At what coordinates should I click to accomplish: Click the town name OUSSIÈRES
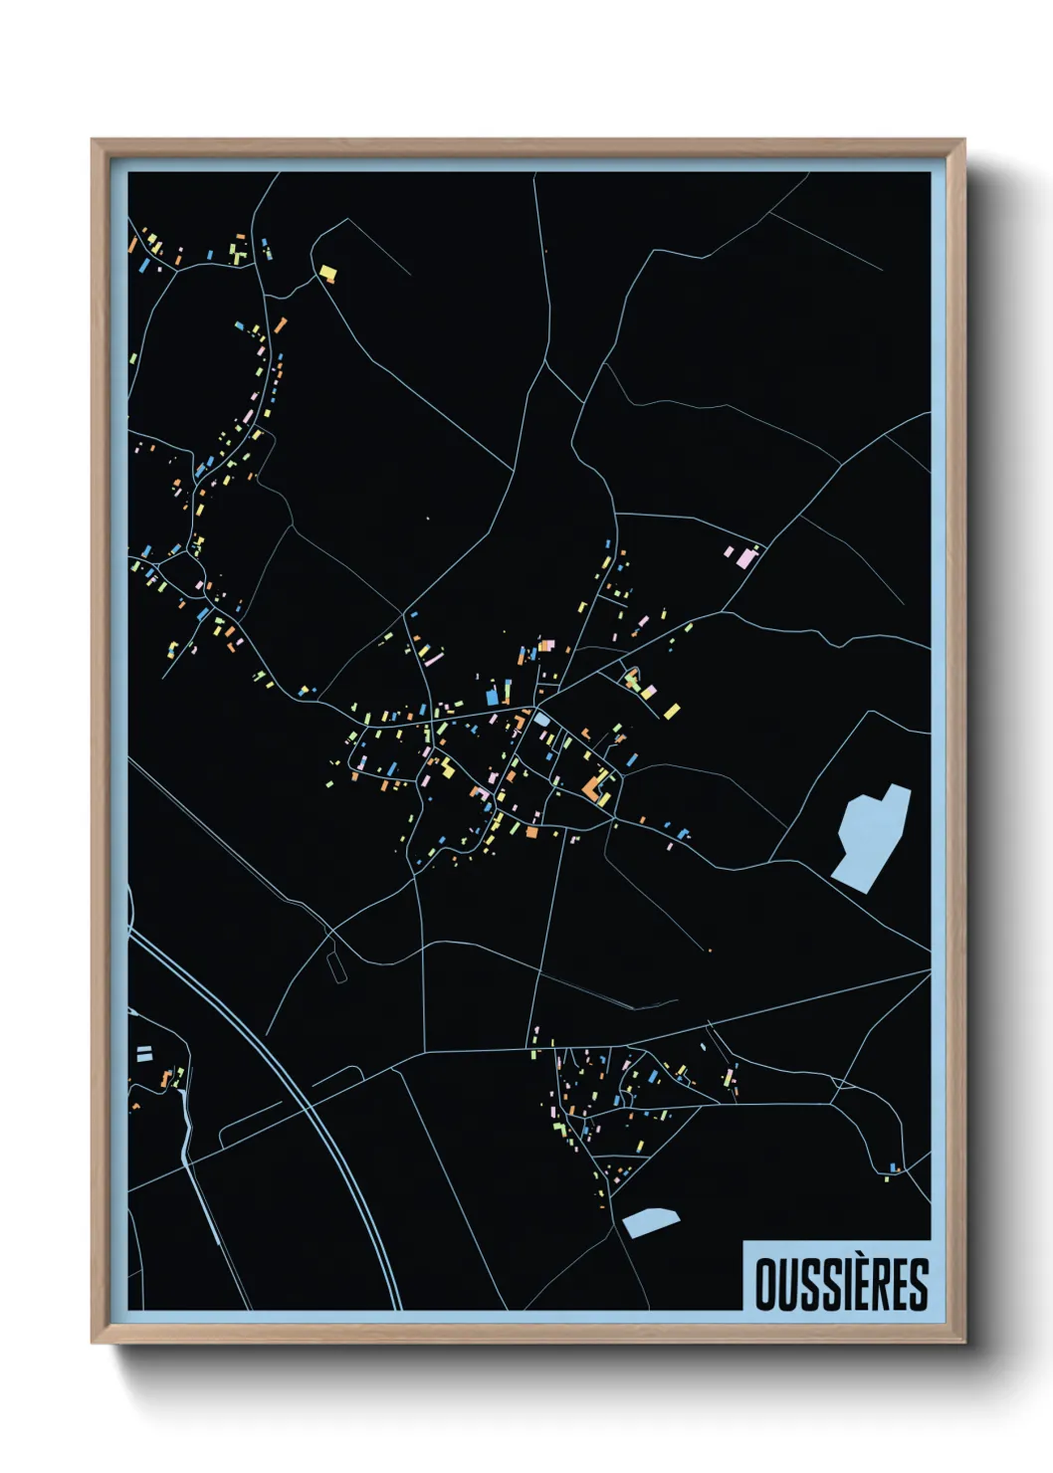841,1283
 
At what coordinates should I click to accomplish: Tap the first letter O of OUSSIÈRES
765,1284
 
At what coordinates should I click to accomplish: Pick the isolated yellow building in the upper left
327,272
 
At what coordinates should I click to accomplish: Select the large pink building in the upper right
745,556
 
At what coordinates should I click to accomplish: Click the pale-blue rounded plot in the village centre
542,718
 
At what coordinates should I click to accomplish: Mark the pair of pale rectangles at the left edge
144,1053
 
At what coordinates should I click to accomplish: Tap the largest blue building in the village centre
492,694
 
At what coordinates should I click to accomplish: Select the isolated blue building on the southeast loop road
892,1166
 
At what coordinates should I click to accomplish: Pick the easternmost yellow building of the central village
673,711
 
